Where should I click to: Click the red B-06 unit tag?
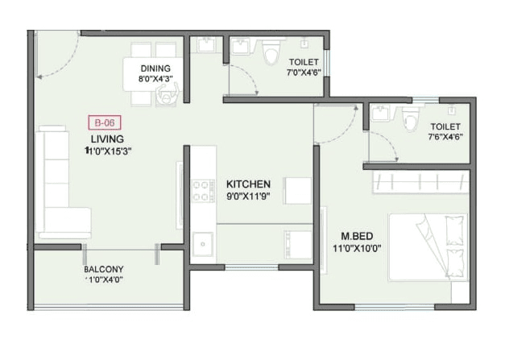pyautogui.click(x=102, y=123)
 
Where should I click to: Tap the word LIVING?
pyautogui.click(x=106, y=139)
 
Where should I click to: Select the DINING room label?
pyautogui.click(x=155, y=68)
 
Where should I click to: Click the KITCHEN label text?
pyautogui.click(x=247, y=184)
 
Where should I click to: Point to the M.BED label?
pyautogui.click(x=355, y=236)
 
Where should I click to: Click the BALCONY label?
pyautogui.click(x=103, y=269)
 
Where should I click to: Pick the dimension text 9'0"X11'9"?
pyautogui.click(x=248, y=195)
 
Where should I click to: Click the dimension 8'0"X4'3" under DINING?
pyautogui.click(x=155, y=78)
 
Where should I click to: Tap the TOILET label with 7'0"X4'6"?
pyautogui.click(x=302, y=62)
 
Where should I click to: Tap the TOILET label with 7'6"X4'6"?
pyautogui.click(x=445, y=127)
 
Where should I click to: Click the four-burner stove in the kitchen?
pyautogui.click(x=201, y=190)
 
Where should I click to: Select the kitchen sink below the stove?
pyautogui.click(x=202, y=242)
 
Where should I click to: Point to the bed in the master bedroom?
pyautogui.click(x=428, y=246)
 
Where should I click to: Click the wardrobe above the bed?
pyautogui.click(x=418, y=182)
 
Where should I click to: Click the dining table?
pyautogui.click(x=155, y=73)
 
